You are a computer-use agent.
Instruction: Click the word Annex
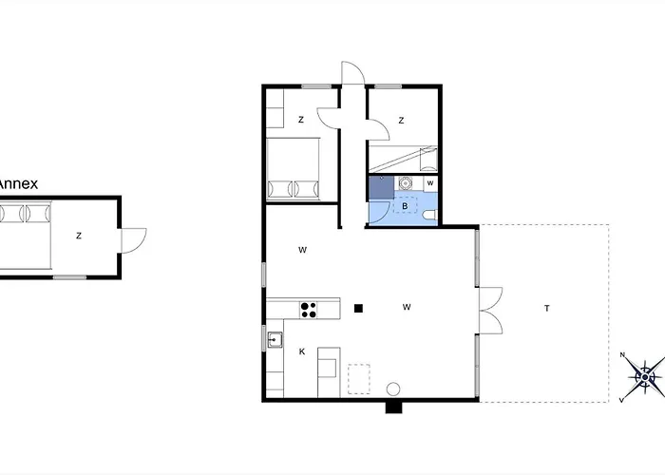click(18, 183)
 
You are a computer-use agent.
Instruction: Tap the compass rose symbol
click(645, 377)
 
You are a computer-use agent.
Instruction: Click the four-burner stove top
click(309, 310)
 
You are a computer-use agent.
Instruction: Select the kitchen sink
click(275, 340)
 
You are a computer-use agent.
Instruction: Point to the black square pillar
click(358, 309)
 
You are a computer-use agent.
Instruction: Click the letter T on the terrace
click(547, 309)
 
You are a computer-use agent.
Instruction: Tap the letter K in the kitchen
click(302, 351)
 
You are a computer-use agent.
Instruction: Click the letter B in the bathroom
click(405, 206)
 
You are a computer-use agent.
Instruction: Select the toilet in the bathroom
click(430, 215)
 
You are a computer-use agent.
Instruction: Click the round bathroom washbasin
click(406, 183)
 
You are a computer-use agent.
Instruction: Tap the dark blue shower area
click(381, 187)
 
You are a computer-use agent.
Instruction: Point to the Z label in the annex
click(79, 236)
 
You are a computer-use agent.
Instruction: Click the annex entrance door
click(134, 241)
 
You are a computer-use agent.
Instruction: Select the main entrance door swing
click(353, 73)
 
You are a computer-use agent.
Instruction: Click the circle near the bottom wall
click(393, 389)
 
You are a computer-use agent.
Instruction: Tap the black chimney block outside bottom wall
click(393, 408)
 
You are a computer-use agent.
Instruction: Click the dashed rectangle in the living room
click(359, 379)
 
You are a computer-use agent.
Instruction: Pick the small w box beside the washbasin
click(430, 183)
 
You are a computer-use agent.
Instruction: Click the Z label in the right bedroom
click(401, 121)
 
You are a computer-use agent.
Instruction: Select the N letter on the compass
click(622, 355)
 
